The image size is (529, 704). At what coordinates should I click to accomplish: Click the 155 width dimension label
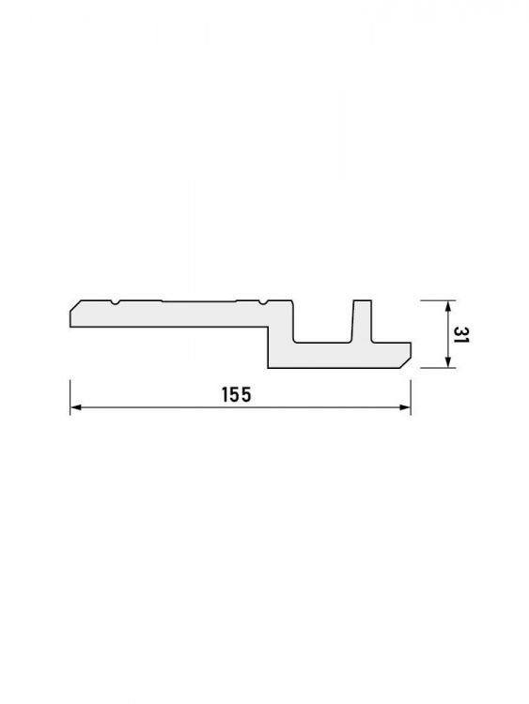pyautogui.click(x=237, y=394)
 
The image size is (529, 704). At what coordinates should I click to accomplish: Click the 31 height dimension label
pyautogui.click(x=460, y=334)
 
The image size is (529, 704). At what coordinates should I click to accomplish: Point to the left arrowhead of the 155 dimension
pyautogui.click(x=75, y=407)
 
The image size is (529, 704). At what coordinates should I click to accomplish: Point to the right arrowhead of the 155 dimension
pyautogui.click(x=405, y=407)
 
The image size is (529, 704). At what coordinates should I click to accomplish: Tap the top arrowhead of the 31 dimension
pyautogui.click(x=447, y=306)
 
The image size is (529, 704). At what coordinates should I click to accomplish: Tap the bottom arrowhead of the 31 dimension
pyautogui.click(x=447, y=362)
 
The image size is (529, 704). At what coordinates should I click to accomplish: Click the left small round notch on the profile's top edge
pyautogui.click(x=116, y=303)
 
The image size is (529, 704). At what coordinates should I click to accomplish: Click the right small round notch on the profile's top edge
pyautogui.click(x=263, y=303)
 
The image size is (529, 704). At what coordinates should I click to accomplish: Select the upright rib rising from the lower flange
pyautogui.click(x=362, y=321)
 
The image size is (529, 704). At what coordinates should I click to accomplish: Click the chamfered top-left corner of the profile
pyautogui.click(x=75, y=306)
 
